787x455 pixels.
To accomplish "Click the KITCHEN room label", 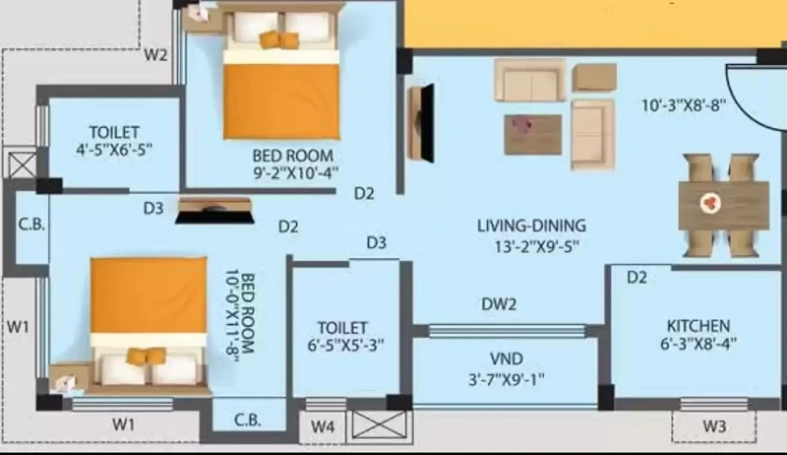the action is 697,326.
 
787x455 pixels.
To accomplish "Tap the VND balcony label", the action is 506,359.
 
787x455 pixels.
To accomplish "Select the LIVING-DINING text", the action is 531,226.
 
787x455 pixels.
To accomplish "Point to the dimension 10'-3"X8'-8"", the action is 684,105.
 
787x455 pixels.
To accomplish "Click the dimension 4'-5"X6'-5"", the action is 114,150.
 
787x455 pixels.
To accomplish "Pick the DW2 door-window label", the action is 499,304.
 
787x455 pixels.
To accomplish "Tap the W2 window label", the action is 155,54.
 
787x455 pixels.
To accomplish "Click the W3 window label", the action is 714,426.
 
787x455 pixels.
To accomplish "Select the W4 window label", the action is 323,426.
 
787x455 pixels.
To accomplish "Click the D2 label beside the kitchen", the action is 636,277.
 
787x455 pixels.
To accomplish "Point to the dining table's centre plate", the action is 710,203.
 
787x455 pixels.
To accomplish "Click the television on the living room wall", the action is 427,123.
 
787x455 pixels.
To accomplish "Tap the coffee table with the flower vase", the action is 532,134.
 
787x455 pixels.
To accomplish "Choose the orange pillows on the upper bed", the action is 278,39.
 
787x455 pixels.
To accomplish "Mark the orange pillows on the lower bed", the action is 146,356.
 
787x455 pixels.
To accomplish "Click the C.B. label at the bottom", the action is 248,420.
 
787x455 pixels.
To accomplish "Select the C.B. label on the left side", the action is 31,224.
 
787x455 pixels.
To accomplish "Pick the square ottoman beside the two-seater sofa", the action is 594,78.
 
